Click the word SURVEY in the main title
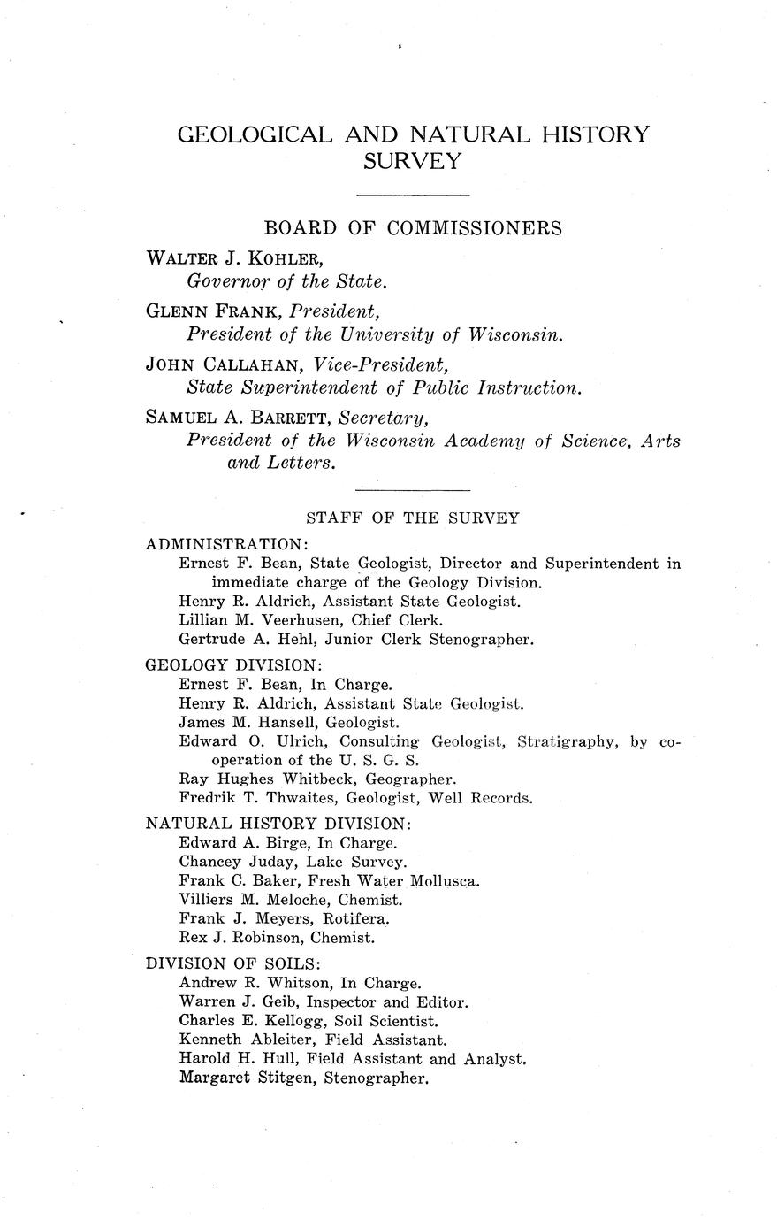(413, 161)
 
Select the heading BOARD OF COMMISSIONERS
(413, 228)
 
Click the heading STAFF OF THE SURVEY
(412, 518)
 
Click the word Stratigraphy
(566, 740)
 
